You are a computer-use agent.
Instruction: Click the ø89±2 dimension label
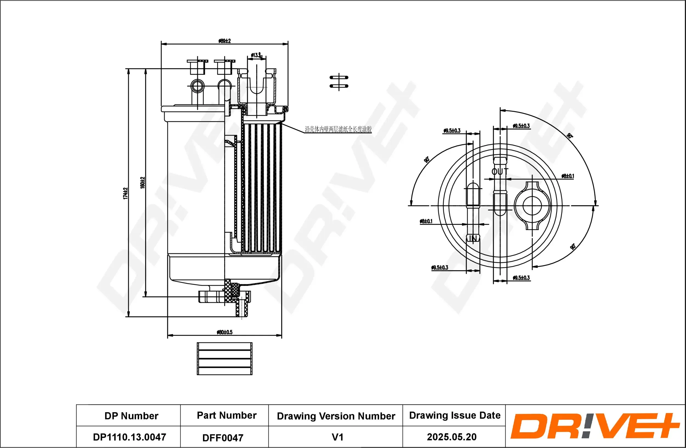(224, 41)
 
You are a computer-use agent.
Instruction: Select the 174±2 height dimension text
(125, 193)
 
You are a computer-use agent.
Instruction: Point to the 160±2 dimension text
(142, 183)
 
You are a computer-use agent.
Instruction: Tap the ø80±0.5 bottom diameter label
(224, 332)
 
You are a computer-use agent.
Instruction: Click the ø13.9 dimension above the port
(256, 55)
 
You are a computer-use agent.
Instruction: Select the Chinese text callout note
(338, 129)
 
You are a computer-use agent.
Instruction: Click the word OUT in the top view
(500, 172)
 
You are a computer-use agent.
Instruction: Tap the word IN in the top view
(473, 239)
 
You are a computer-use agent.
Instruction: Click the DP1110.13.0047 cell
(130, 437)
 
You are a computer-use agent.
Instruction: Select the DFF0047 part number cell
(223, 438)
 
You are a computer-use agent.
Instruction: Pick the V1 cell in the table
(338, 437)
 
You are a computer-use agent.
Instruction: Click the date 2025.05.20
(452, 437)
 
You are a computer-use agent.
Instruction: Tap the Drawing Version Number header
(336, 416)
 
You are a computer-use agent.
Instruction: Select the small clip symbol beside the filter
(339, 82)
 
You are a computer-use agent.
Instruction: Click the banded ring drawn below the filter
(224, 359)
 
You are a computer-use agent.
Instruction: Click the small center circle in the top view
(532, 206)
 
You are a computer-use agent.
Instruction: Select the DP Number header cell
(131, 416)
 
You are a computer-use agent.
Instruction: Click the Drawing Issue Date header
(455, 415)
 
